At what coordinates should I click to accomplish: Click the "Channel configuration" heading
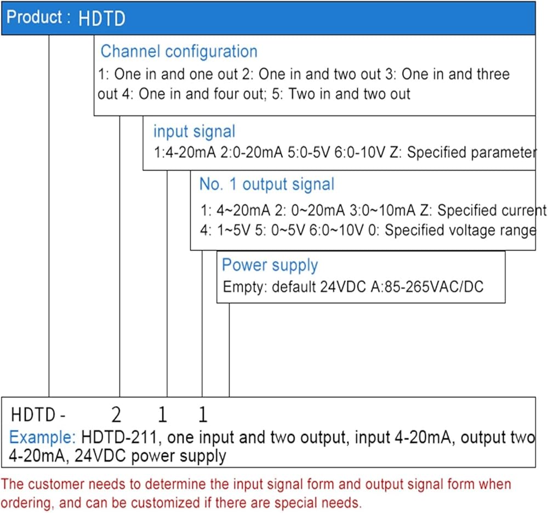tap(179, 52)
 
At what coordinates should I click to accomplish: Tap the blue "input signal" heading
tap(195, 132)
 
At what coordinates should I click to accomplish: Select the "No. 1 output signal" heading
tap(267, 184)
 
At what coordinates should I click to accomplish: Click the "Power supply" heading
tap(270, 266)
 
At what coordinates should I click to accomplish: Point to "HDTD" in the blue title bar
tap(102, 19)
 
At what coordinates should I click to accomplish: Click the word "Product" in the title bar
tap(34, 17)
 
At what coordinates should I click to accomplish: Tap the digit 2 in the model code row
tap(116, 415)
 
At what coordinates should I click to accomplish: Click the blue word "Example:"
tap(42, 437)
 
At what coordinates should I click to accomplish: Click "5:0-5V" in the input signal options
tap(309, 153)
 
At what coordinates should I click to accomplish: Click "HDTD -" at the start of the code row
tap(38, 415)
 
